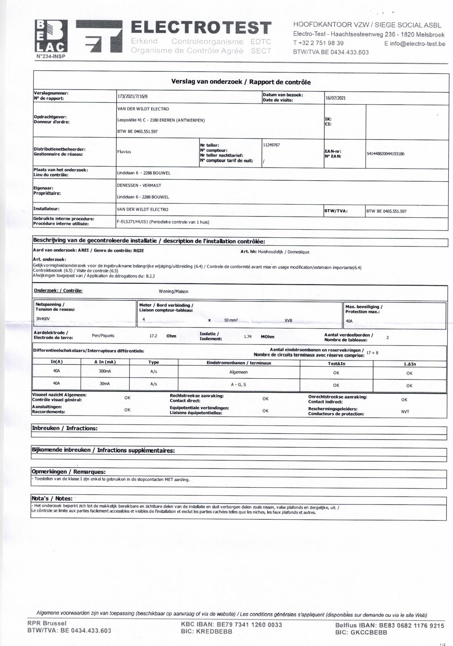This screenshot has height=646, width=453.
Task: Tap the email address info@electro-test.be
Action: [415, 44]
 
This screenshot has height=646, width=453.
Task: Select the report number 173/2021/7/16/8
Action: [133, 97]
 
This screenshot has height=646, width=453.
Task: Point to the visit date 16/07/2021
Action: [335, 98]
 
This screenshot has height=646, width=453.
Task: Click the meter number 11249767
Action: [271, 145]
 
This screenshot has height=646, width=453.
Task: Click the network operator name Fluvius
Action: [124, 152]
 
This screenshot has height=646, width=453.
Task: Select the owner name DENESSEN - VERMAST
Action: [139, 185]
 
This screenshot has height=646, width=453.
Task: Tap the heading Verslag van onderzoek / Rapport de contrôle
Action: [241, 82]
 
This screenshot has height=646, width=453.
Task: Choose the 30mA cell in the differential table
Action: [105, 384]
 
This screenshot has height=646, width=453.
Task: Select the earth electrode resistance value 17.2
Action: [153, 336]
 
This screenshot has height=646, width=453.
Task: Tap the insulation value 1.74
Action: [248, 336]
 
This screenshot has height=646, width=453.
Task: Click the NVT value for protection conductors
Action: [405, 411]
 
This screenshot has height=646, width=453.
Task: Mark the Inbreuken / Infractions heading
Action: [65, 428]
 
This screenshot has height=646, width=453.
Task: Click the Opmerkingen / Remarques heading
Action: [68, 472]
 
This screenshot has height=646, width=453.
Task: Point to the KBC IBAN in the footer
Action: [232, 625]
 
